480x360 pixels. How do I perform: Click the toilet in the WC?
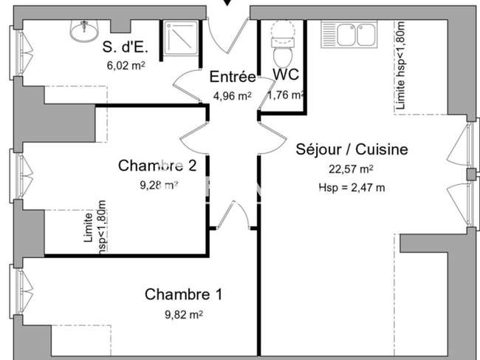coord(283,44)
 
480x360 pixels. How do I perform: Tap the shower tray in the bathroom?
coord(181,38)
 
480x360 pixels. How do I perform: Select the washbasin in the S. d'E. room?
coord(84,30)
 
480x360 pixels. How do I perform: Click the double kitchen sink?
coord(349,34)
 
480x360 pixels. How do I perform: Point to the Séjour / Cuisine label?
coord(352,149)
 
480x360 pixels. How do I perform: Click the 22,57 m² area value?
coord(351,169)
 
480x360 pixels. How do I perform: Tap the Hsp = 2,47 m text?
coord(352,187)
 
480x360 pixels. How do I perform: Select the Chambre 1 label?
coord(183,294)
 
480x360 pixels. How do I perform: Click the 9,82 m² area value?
coord(184,314)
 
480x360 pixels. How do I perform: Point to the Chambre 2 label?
coord(157,166)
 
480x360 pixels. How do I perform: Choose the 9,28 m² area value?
coord(159,185)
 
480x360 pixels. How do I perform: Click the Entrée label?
coord(233,77)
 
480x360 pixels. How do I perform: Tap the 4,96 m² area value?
coord(233,96)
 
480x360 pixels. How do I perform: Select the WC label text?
coord(286,75)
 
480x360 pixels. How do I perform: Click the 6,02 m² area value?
coord(126,65)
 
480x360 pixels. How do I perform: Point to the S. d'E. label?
coord(126,47)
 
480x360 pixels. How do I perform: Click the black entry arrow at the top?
coord(227,2)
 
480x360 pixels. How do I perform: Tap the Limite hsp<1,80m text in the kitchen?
coord(400,66)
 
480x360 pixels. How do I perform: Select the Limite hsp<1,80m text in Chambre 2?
coord(95,227)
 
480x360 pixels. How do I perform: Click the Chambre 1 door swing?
coord(233,214)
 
